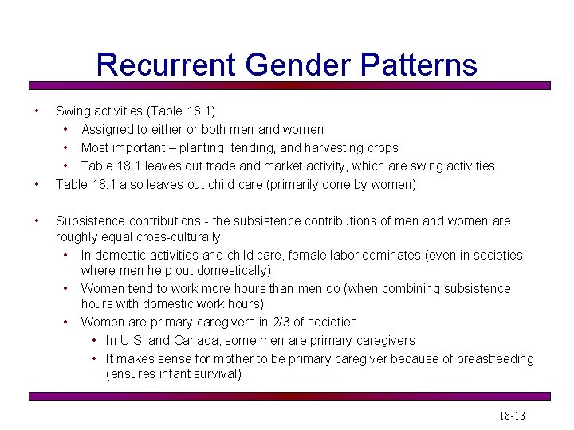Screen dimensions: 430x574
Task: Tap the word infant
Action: click(172, 373)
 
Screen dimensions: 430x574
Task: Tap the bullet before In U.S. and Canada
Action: click(94, 340)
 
